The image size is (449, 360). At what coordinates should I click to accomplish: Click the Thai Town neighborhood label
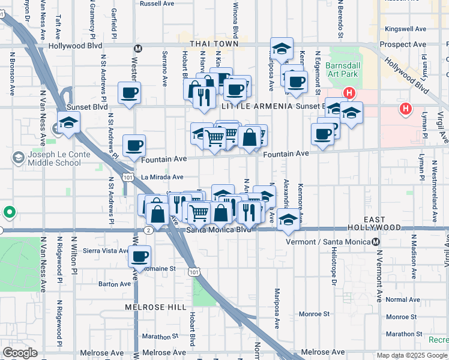(214, 44)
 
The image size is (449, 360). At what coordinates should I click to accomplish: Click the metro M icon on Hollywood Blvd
(138, 48)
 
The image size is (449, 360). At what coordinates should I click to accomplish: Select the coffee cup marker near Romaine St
(140, 256)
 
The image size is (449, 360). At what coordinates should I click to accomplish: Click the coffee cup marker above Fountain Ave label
(134, 145)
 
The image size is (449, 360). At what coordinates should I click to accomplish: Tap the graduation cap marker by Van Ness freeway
(69, 122)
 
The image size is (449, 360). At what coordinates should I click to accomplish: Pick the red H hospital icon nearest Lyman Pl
(406, 109)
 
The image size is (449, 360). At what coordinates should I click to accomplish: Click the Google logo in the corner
(19, 352)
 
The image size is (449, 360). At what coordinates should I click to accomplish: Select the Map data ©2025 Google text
(412, 355)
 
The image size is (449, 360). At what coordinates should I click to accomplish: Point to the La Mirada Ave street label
(162, 177)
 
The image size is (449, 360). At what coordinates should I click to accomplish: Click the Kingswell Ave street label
(405, 28)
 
